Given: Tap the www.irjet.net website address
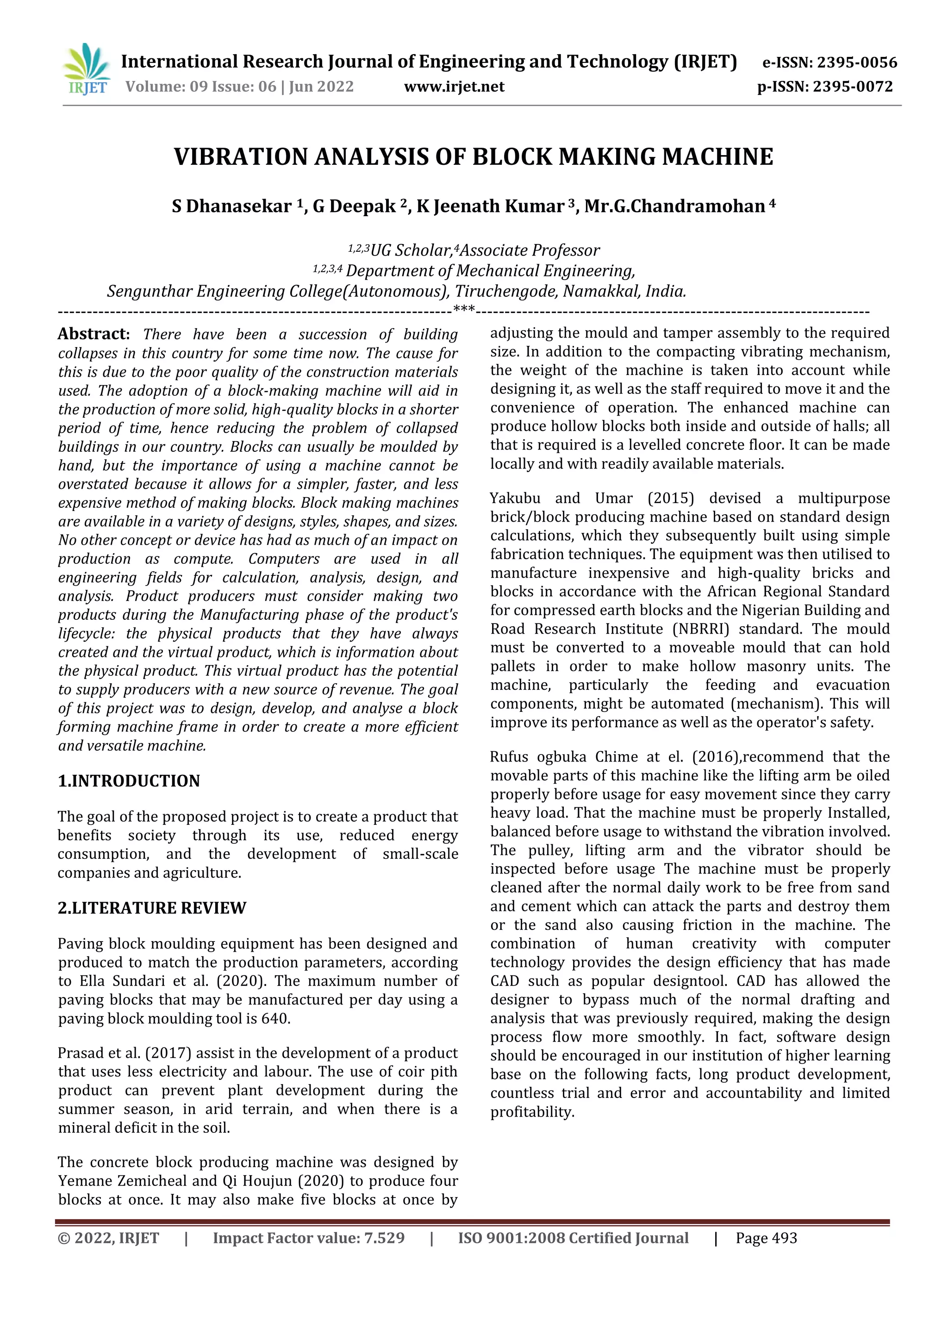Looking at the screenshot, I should [454, 87].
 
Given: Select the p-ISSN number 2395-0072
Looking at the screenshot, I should [853, 87].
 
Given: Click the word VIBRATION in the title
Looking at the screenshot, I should [242, 157].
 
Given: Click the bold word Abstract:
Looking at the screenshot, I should [94, 334].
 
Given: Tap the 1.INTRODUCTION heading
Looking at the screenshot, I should [129, 781].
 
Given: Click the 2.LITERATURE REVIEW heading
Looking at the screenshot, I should [152, 908].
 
